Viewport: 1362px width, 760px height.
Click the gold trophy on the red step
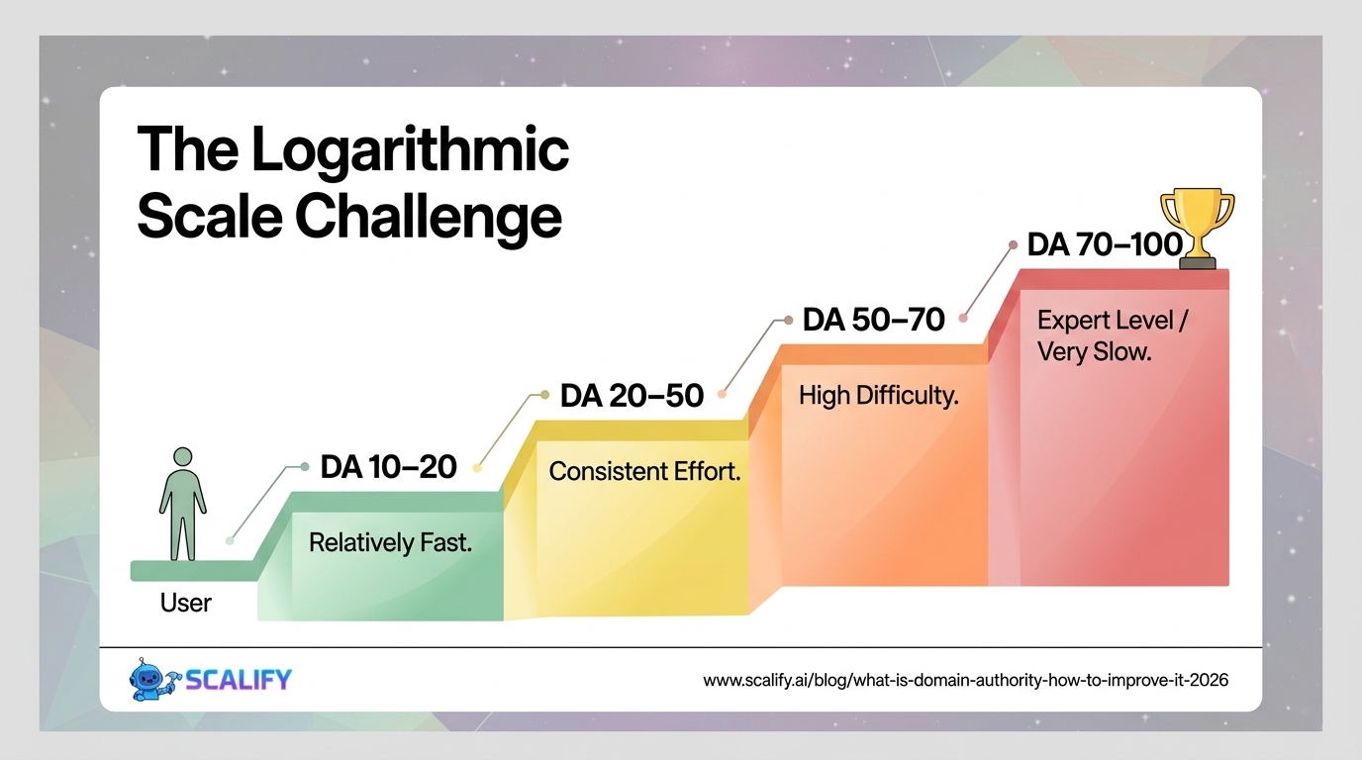tap(1198, 228)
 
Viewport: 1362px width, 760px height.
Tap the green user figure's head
tap(182, 456)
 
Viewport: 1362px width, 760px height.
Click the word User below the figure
tap(185, 603)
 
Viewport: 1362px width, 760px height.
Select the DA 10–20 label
tap(388, 467)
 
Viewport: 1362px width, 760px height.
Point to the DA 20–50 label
tap(632, 395)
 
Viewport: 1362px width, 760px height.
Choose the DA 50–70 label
tap(874, 320)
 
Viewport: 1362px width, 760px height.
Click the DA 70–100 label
tap(1105, 244)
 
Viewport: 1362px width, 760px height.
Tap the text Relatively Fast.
tap(390, 542)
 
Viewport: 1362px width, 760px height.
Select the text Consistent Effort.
tap(644, 471)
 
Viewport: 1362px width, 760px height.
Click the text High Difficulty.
tap(879, 396)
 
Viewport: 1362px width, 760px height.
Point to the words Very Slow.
tap(1095, 352)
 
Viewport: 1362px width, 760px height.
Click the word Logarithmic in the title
tap(410, 150)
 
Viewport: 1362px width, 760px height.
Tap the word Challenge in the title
tap(429, 217)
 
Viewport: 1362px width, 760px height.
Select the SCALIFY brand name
tap(239, 680)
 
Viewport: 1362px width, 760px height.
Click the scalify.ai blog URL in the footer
tap(965, 680)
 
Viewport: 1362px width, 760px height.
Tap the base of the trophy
tap(1198, 262)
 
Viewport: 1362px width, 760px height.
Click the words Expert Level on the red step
tap(1105, 321)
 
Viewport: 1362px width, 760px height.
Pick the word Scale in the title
tap(210, 217)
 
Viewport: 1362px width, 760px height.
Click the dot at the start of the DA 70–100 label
tap(1013, 245)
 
